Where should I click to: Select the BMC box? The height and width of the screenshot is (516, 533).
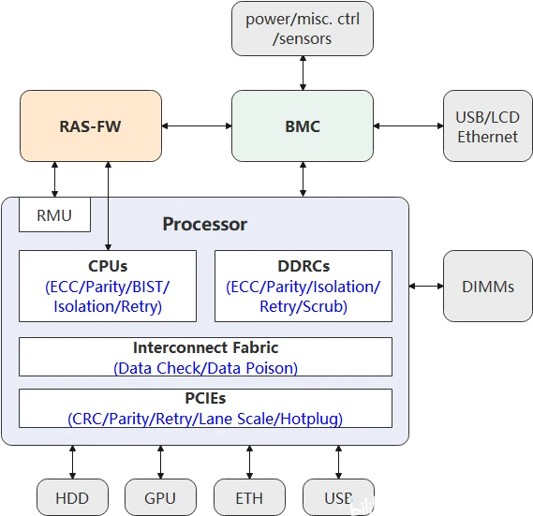click(302, 125)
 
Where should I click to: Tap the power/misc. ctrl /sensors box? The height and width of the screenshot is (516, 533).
click(302, 28)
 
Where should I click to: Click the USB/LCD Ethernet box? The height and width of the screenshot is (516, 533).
click(487, 125)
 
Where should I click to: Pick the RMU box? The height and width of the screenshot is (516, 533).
click(54, 215)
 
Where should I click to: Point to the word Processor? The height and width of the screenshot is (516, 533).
click(205, 224)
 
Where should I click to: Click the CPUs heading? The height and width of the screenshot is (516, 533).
click(108, 266)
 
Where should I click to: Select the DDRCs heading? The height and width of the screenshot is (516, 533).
click(304, 266)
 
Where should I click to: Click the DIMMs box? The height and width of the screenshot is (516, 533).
click(488, 286)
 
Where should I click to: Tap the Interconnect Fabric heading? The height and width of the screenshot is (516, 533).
click(205, 347)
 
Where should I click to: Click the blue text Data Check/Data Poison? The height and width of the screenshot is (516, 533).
click(205, 368)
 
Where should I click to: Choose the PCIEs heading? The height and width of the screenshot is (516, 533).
click(205, 399)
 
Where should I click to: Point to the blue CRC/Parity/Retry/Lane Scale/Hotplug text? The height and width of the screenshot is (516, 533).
click(205, 419)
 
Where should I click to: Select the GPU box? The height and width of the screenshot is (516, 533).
click(160, 497)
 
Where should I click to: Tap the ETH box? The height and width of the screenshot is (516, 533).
click(250, 497)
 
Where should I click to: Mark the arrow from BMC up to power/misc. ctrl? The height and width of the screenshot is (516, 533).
click(302, 73)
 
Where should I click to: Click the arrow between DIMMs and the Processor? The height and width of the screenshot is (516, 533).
click(427, 286)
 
